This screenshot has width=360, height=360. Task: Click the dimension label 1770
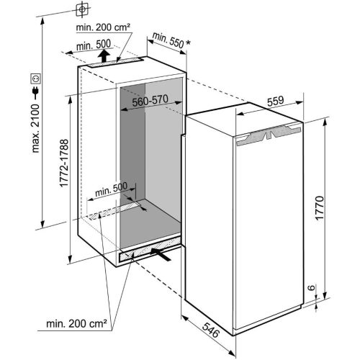320,207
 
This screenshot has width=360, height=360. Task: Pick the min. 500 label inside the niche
111,187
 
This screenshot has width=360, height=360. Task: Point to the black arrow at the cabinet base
163,254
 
